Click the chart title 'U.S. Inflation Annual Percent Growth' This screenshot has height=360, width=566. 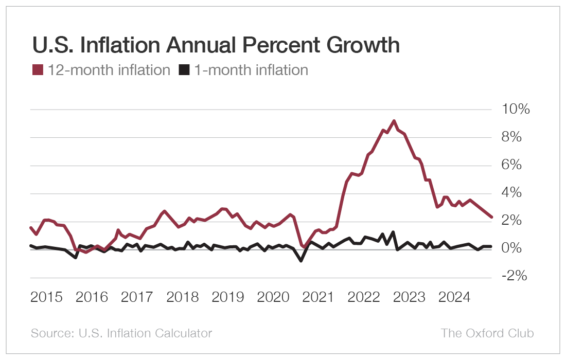tap(216, 46)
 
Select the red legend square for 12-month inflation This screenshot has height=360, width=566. tap(38, 70)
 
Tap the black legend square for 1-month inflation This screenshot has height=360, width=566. tap(184, 70)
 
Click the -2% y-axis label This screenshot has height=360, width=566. tap(513, 277)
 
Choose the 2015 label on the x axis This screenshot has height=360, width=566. tap(47, 297)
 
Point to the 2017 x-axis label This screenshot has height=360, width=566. tap(137, 297)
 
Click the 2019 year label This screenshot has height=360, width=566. tap(228, 297)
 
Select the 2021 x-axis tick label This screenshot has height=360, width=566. tap(319, 297)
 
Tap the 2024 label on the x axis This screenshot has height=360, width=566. tap(455, 297)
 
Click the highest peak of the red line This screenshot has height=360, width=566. tap(394, 121)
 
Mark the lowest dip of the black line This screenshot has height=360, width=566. tap(301, 261)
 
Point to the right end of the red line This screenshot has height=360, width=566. tap(491, 217)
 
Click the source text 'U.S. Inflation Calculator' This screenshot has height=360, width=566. tap(145, 333)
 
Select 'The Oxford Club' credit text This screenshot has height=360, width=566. tap(487, 333)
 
